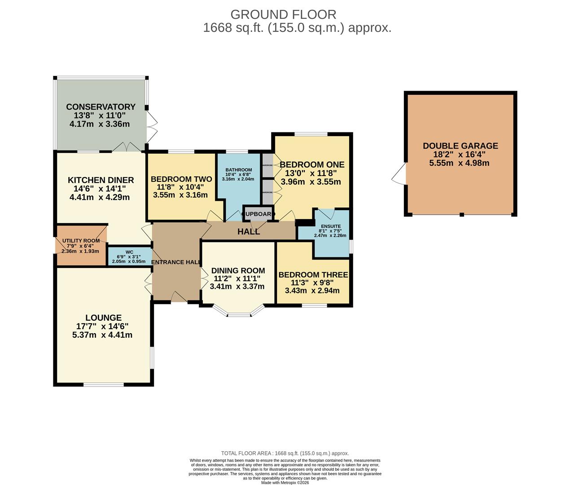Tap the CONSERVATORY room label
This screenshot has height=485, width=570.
(101, 107)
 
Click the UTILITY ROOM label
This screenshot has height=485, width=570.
(81, 241)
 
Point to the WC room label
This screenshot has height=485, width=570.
(129, 252)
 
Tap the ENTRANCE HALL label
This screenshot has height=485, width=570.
(175, 262)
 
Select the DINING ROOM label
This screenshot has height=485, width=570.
(238, 271)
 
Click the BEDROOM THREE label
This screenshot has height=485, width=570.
(313, 275)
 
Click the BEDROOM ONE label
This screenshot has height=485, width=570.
(312, 164)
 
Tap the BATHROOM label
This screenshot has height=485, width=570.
(238, 170)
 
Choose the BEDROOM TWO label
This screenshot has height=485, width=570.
(181, 179)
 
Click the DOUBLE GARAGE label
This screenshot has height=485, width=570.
(460, 146)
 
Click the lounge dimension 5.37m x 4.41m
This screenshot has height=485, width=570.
(102, 335)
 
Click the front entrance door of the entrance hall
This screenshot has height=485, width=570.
(179, 297)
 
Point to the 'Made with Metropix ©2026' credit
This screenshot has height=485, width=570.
(285, 483)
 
